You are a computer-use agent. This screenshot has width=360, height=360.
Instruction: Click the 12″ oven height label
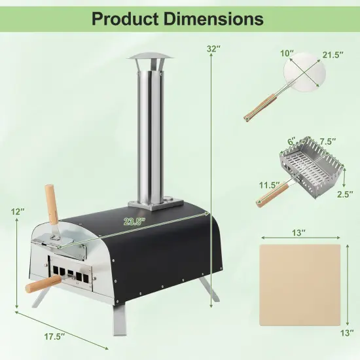[18, 212]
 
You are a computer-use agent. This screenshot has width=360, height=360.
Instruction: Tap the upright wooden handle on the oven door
[51, 204]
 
